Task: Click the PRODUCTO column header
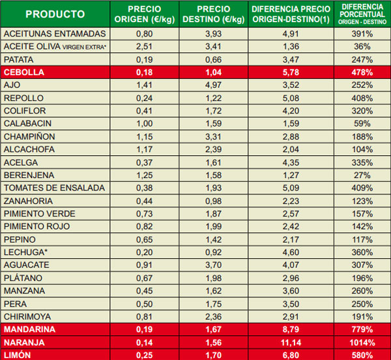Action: (55, 14)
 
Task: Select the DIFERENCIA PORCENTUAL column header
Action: (362, 14)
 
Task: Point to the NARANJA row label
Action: (24, 342)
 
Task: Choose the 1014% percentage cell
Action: (362, 342)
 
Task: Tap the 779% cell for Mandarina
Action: (362, 329)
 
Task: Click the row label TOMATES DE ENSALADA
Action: (54, 188)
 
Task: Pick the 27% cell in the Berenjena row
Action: (362, 175)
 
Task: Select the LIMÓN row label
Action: (18, 355)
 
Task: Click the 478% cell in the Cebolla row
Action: (362, 72)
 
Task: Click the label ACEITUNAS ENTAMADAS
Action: (54, 33)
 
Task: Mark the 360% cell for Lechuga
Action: (362, 252)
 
